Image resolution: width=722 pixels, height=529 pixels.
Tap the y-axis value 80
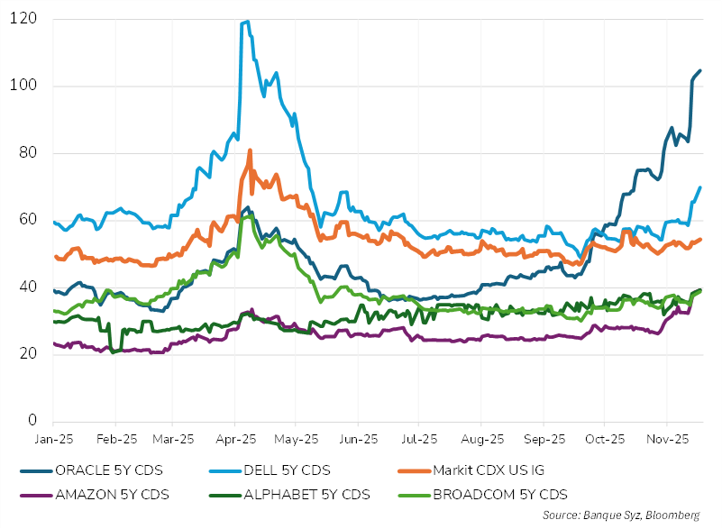coord(36,152)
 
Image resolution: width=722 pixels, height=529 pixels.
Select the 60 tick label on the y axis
coord(36,220)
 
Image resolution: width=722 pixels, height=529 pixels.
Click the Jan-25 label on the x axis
coord(52,440)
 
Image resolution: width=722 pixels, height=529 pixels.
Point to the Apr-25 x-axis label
coord(235,440)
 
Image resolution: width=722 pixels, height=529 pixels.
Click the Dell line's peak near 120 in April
coord(245,21)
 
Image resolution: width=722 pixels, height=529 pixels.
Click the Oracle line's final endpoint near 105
coord(700,70)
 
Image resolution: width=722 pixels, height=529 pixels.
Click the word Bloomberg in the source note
coord(672,515)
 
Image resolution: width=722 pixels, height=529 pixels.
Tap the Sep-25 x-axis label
coord(544,440)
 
